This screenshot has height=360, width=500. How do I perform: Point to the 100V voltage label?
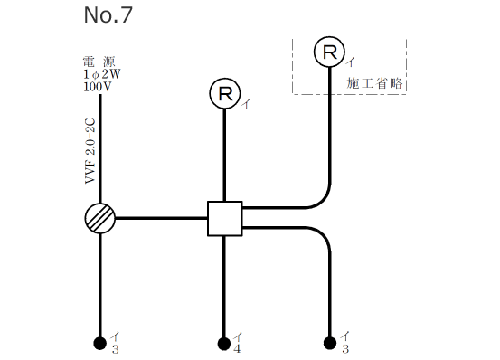(96, 87)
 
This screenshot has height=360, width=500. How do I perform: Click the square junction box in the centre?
(224, 218)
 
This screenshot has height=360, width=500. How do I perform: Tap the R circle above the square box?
(224, 93)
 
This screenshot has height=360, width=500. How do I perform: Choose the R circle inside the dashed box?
(330, 53)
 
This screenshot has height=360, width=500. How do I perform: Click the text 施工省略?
(374, 82)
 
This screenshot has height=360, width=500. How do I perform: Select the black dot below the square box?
(224, 343)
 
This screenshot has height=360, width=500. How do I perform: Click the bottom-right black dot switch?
(330, 343)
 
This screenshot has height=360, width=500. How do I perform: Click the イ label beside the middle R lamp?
(245, 104)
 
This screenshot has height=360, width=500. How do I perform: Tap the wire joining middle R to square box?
(224, 154)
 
